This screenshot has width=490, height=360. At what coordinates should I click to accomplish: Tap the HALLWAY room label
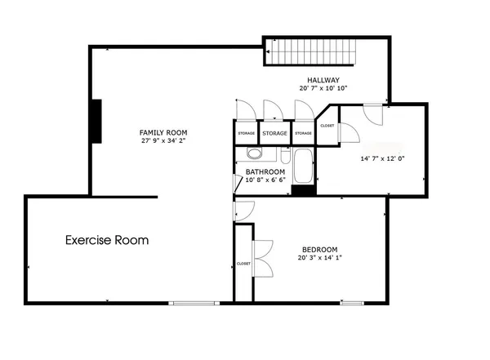tap(318, 79)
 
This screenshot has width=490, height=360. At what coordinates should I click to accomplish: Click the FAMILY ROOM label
tap(163, 132)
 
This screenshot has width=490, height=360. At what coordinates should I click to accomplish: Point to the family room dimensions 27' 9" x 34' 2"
tap(163, 140)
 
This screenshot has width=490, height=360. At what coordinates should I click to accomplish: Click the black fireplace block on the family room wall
tap(96, 122)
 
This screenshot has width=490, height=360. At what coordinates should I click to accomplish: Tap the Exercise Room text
tap(107, 240)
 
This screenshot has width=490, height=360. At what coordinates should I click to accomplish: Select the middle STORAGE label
tap(275, 133)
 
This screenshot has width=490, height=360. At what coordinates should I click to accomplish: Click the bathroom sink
tap(253, 154)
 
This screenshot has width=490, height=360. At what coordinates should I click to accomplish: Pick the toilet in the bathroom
tap(285, 156)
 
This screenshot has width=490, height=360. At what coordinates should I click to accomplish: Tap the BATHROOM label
tap(265, 171)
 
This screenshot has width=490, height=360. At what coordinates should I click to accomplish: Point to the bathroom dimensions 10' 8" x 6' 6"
tap(265, 180)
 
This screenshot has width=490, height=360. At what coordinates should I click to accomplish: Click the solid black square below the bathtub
tap(303, 191)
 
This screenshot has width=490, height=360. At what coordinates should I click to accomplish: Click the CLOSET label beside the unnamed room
tap(327, 126)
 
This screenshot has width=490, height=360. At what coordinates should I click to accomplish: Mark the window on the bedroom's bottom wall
tap(352, 302)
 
